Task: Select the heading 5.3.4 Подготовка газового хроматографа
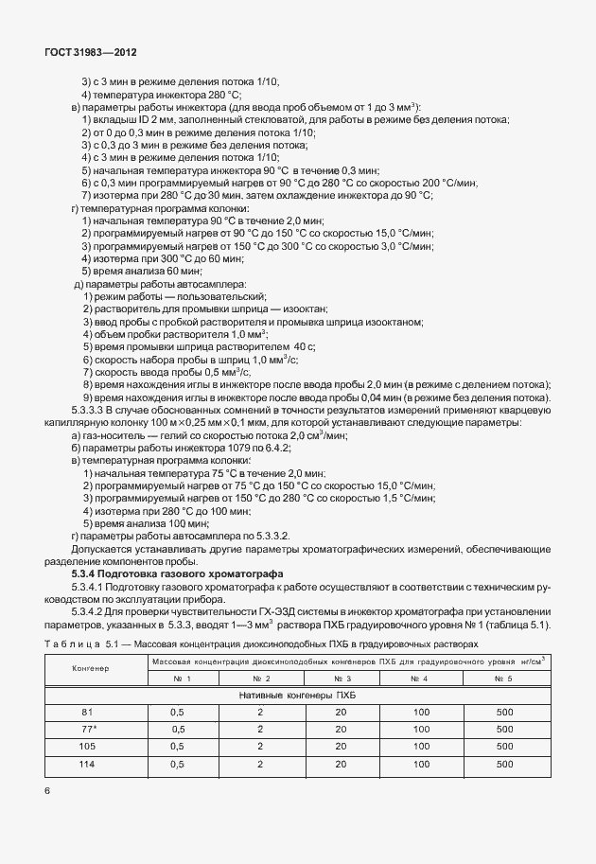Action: click(x=181, y=574)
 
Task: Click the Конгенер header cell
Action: click(x=91, y=668)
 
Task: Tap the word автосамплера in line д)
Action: click(x=207, y=284)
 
